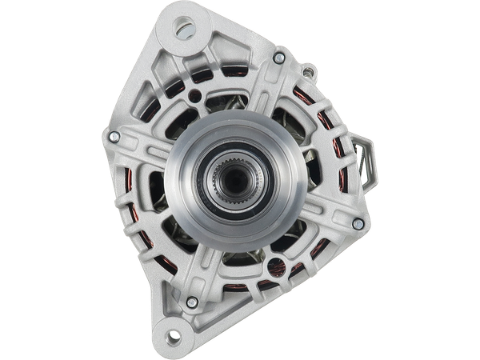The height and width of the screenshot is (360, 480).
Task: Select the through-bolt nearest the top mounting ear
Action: pyautogui.click(x=278, y=58)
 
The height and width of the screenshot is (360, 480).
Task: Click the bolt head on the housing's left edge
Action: pyautogui.click(x=112, y=138)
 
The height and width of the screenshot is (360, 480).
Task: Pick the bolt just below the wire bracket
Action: pyautogui.click(x=358, y=223)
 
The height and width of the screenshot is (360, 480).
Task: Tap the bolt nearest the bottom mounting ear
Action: pyautogui.click(x=192, y=302)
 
